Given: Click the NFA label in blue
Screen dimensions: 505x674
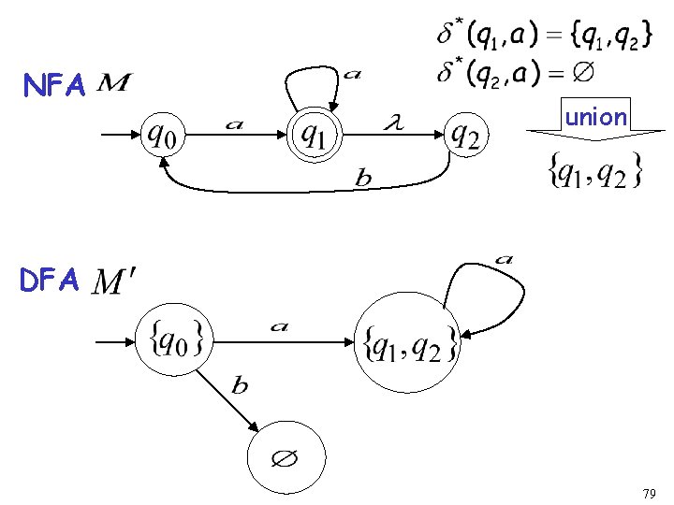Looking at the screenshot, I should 55,87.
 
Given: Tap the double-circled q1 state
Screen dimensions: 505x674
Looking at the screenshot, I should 315,137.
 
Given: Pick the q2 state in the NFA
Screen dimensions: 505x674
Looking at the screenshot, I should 465,137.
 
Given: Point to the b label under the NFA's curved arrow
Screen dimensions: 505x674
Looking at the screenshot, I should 363,180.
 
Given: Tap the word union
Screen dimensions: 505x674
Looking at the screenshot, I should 595,117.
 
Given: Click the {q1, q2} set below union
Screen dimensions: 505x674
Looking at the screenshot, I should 595,169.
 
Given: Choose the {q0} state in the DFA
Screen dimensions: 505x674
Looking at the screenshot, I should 175,340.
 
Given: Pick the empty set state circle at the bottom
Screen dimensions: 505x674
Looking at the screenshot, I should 286,458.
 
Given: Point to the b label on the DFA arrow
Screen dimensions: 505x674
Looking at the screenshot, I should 241,385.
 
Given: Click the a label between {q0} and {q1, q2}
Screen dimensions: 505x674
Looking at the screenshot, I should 279,326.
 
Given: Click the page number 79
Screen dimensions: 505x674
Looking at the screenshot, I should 649,492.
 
